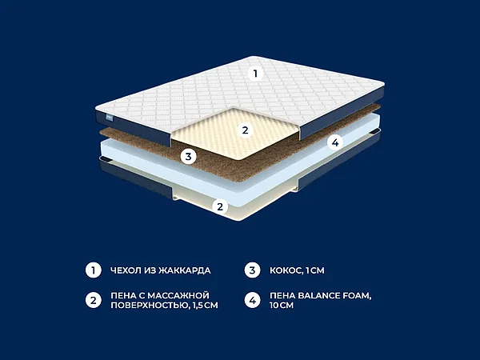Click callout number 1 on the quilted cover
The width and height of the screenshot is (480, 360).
point(255,74)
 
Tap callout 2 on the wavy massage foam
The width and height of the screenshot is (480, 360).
point(245,130)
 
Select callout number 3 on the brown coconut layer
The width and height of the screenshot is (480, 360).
point(188,157)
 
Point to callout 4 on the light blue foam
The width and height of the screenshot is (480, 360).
point(335,142)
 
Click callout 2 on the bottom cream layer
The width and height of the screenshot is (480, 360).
point(220,206)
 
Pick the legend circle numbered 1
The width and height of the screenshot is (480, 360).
point(94,270)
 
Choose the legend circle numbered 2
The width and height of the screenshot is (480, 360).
point(94,300)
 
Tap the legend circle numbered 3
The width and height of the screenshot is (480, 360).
point(252,270)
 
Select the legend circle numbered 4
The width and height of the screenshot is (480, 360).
point(252,300)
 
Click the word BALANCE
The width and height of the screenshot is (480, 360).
point(314,296)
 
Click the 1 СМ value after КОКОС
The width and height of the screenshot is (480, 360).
point(315,270)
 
